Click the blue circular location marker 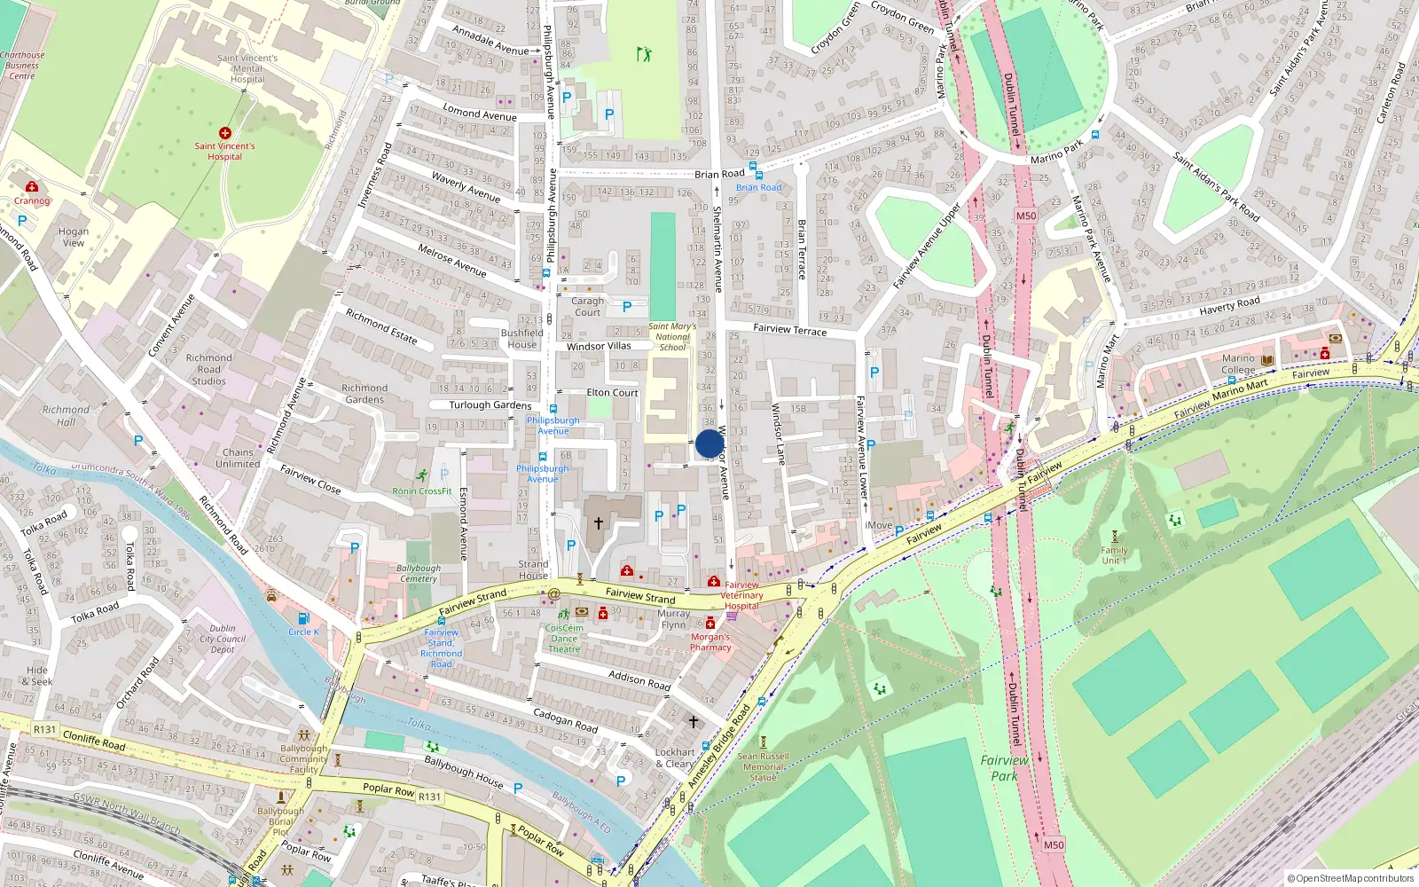coord(709,443)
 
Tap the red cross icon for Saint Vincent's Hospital coord(225,133)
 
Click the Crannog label coord(32,200)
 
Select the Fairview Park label coord(1004,768)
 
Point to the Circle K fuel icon coord(303,618)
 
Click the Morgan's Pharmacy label coord(710,642)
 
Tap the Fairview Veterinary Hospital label coord(742,595)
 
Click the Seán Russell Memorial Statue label coord(763,767)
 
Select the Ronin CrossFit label coord(422,491)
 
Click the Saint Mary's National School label coord(672,337)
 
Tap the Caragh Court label coord(587,307)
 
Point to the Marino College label coord(1238,365)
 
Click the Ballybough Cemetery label coord(419,573)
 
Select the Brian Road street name coord(719,175)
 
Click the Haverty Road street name coord(1229,306)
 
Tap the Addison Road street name coord(639,680)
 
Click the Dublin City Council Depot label coord(223,639)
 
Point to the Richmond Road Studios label coord(209,370)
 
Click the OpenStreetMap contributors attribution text coord(1351,879)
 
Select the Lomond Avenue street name coord(479,114)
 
